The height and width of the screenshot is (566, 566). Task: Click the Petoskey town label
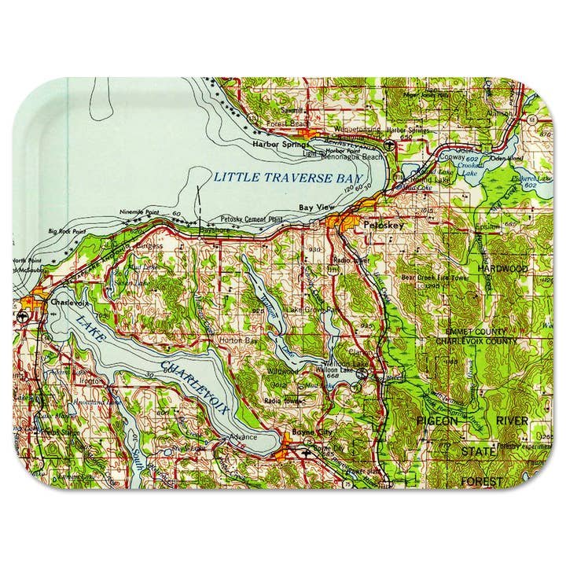[384, 226]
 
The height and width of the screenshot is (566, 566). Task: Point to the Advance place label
[243, 437]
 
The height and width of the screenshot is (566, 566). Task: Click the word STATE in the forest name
[478, 452]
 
